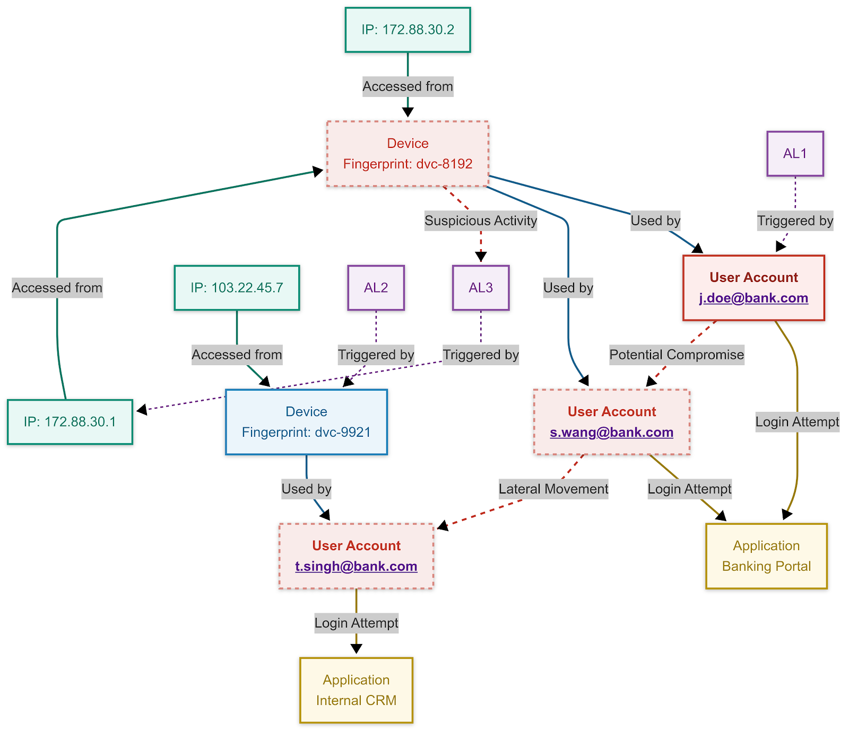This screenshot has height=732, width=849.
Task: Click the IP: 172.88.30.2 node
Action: [x=408, y=30]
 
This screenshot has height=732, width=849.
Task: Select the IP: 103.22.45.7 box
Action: [x=237, y=288]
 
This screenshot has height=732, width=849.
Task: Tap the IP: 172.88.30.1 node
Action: [x=70, y=422]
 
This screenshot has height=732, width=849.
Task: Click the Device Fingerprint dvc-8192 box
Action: [x=408, y=154]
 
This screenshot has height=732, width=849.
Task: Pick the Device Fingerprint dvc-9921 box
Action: [x=306, y=422]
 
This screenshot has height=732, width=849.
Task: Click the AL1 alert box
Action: [x=795, y=154]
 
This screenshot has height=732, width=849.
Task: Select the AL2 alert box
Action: [x=376, y=288]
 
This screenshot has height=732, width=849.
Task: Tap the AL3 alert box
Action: [x=480, y=288]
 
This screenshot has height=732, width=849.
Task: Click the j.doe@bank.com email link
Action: [x=753, y=298]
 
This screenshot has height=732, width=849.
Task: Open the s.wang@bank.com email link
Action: [x=611, y=433]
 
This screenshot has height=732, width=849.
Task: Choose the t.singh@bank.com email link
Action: [x=356, y=567]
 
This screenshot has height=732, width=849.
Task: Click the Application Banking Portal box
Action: [x=766, y=556]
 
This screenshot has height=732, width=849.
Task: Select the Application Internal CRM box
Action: [x=356, y=690]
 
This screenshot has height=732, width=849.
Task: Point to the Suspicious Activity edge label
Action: [x=481, y=221]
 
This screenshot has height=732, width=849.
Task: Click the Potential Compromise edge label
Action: [x=677, y=355]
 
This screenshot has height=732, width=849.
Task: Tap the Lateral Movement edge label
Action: [x=553, y=489]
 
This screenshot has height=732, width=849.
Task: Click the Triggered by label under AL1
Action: [x=795, y=221]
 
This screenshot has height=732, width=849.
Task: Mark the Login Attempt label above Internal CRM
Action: [x=356, y=623]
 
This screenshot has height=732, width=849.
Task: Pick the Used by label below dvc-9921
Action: [x=306, y=489]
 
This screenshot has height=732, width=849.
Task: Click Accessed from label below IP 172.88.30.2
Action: [x=408, y=86]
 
